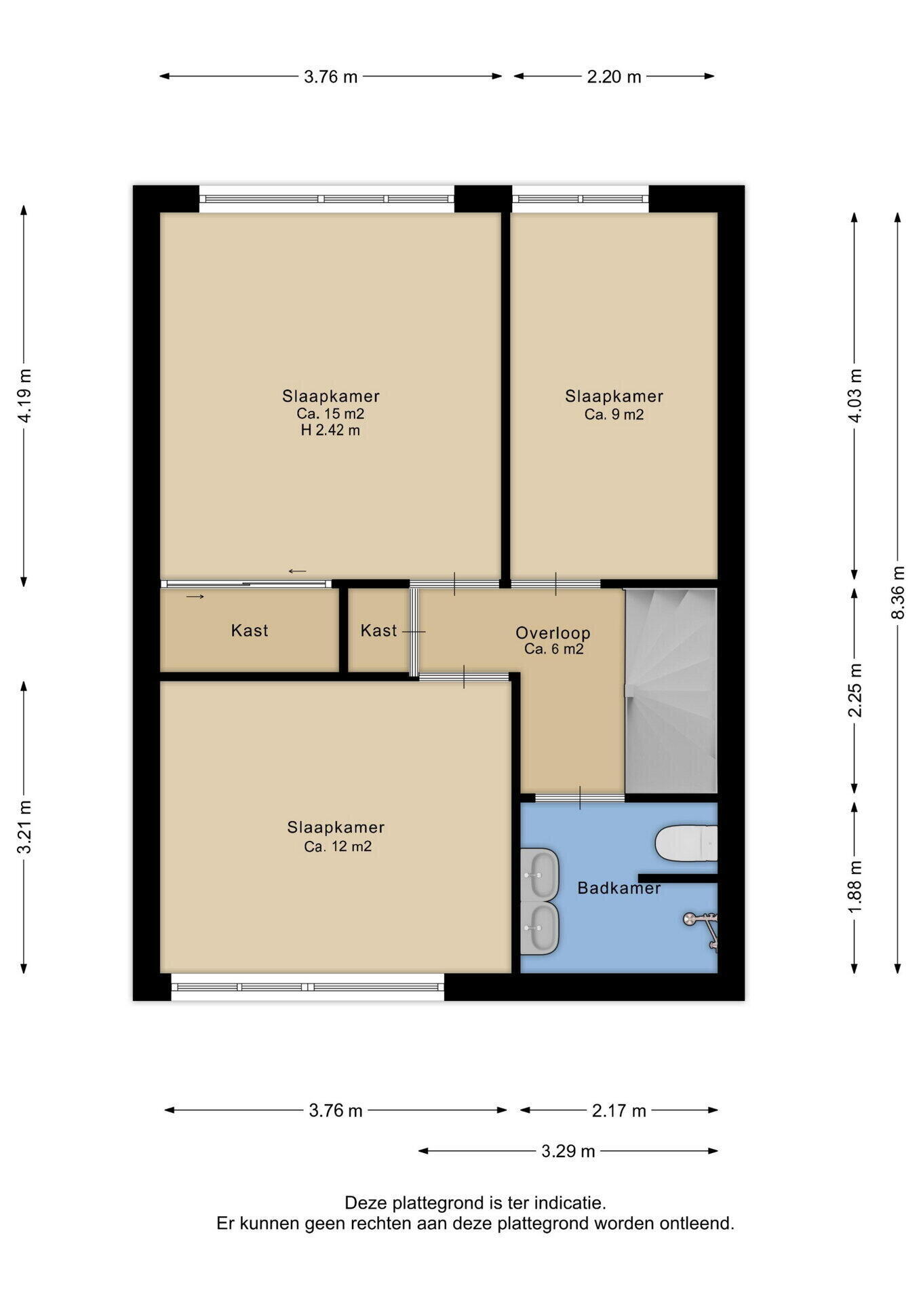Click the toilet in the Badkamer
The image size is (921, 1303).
tap(686, 844)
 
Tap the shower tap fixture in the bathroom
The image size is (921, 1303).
tap(701, 929)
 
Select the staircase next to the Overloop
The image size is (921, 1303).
tap(671, 691)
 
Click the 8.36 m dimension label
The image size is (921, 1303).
tap(898, 592)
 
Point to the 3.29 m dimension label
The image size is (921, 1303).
tap(568, 1151)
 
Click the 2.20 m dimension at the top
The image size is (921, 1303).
tap(614, 77)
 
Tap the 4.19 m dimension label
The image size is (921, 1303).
tap(24, 396)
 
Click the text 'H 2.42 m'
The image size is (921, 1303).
tap(330, 430)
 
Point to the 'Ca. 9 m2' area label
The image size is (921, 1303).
tap(614, 414)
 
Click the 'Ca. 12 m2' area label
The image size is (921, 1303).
tap(338, 846)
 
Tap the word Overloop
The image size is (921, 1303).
tap(553, 633)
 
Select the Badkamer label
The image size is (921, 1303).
tap(619, 888)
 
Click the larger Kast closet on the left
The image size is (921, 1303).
tap(250, 630)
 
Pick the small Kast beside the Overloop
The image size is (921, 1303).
tap(378, 630)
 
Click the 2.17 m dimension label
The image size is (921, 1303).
tap(619, 1111)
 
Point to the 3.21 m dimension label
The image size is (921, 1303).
tap(24, 827)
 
